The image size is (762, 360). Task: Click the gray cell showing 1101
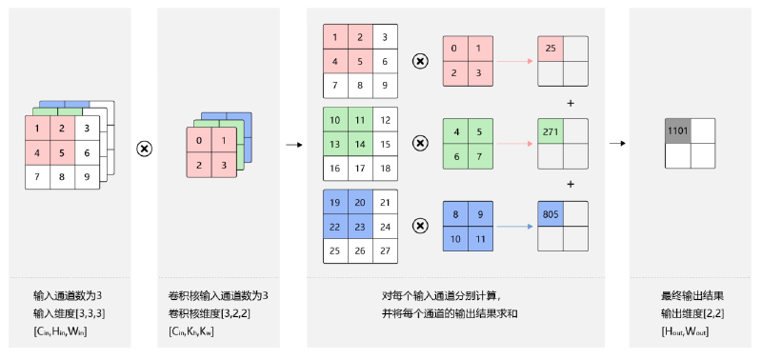click(677, 130)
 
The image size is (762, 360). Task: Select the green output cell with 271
click(551, 131)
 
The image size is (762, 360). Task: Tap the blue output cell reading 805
click(551, 213)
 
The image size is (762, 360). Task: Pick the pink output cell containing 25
click(551, 49)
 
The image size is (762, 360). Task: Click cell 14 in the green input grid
click(360, 144)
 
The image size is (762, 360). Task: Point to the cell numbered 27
click(386, 251)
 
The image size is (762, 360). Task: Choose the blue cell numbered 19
click(335, 202)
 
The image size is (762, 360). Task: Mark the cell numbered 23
click(360, 227)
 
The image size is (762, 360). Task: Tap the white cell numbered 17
click(360, 169)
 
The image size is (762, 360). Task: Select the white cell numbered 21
click(386, 202)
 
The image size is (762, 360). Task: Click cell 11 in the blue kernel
click(481, 238)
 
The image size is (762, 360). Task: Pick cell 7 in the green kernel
click(481, 156)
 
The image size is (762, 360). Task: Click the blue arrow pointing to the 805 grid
click(514, 227)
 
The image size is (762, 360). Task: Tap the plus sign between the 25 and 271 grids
click(571, 103)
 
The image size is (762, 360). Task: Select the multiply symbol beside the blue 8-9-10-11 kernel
click(420, 226)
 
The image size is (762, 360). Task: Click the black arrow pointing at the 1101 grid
click(617, 143)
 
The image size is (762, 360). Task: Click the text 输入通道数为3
click(68, 296)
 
